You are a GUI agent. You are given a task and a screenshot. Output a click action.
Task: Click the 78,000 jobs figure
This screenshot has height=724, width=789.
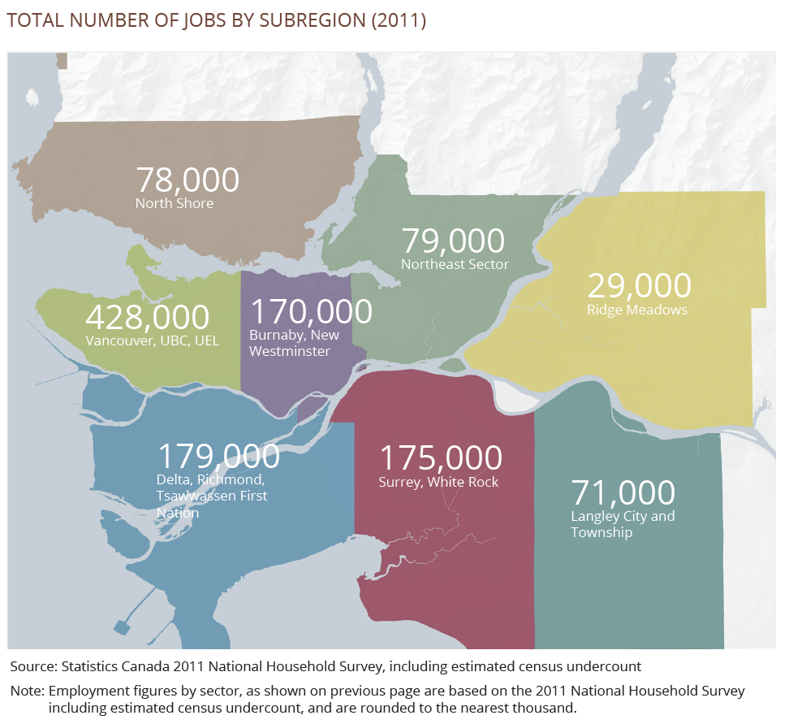pos(188,180)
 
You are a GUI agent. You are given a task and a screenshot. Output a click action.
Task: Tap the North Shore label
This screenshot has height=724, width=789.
pos(175,203)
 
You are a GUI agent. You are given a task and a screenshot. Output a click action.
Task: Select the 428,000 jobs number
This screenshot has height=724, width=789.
pos(147,318)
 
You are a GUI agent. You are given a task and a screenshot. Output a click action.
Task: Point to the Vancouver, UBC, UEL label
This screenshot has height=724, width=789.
pos(152,340)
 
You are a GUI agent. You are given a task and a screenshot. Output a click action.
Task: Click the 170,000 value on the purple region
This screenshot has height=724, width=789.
pos(311,311)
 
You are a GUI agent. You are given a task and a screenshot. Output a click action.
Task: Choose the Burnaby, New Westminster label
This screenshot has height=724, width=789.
pos(294,343)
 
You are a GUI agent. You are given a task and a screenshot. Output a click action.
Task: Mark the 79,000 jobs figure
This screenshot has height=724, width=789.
pos(453,241)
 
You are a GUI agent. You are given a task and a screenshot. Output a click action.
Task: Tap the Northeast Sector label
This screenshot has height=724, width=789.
pos(455,264)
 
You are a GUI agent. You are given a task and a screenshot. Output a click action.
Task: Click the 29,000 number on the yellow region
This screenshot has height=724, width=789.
pos(639,286)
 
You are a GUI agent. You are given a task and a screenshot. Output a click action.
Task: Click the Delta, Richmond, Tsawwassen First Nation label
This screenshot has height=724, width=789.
pos(211,496)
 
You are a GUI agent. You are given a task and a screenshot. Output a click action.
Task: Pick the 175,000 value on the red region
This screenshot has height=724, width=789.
pos(441,458)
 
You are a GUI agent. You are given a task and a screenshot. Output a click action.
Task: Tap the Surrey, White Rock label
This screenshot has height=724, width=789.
pos(438,482)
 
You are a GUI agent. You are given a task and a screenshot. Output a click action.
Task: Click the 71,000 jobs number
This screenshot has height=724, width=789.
pos(623,493)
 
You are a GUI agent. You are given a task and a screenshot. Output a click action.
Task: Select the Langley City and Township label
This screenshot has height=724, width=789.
pos(623,524)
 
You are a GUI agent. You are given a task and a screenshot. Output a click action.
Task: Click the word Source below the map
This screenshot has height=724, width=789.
pos(32,666)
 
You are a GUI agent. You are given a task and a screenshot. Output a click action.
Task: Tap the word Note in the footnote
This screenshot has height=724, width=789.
pos(27,691)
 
